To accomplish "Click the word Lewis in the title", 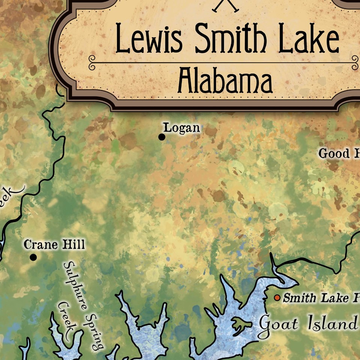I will click(x=149, y=38).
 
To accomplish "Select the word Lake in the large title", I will click(x=309, y=38).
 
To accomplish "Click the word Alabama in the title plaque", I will click(x=225, y=81).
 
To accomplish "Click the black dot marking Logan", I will click(x=162, y=137).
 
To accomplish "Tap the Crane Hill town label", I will click(x=54, y=244).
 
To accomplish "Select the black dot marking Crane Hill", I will click(x=33, y=257).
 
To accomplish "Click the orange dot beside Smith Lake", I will click(x=277, y=298).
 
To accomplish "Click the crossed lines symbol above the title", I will click(x=225, y=5).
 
